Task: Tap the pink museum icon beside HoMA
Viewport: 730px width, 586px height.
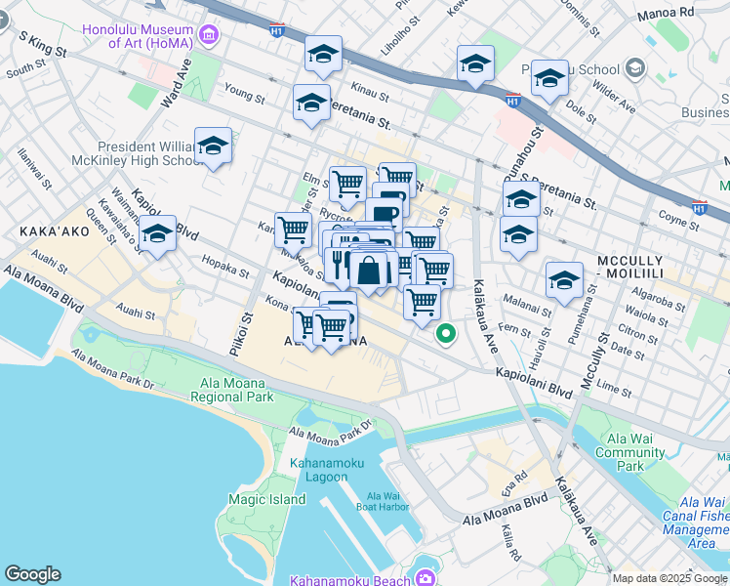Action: [208, 37]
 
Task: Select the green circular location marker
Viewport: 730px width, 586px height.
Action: [446, 334]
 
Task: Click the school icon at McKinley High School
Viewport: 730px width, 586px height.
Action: [213, 146]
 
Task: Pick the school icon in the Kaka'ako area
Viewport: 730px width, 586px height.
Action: [157, 234]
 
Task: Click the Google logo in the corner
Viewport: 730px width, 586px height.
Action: [32, 574]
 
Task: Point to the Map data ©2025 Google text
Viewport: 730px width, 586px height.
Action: [670, 578]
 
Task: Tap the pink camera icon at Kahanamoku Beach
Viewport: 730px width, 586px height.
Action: [426, 578]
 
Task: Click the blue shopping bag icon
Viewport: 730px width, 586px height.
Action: [369, 271]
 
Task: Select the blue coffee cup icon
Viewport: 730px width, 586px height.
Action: [385, 214]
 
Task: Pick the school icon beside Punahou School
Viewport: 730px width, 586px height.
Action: [550, 80]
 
